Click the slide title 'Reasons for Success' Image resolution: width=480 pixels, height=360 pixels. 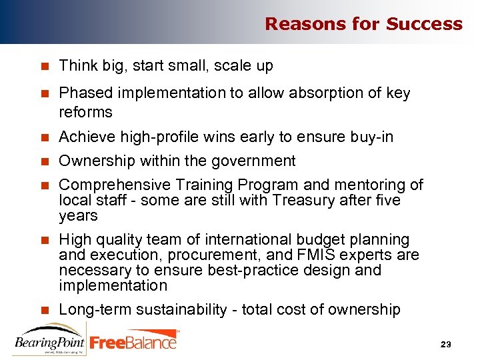(x=363, y=24)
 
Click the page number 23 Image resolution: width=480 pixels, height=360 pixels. (x=446, y=344)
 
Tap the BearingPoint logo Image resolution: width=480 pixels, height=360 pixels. (x=49, y=340)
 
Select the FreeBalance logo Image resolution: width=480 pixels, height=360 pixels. (x=134, y=341)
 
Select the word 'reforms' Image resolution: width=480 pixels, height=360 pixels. (x=85, y=111)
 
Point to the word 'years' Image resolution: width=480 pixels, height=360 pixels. (x=78, y=216)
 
